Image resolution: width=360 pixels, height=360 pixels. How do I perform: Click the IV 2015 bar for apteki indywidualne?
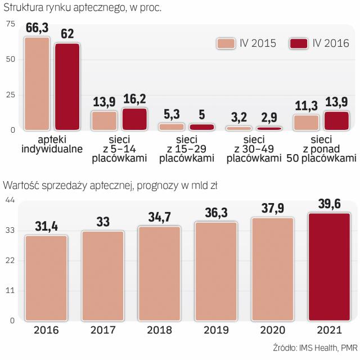(37, 84)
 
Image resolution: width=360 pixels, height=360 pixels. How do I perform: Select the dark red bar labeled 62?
(67, 87)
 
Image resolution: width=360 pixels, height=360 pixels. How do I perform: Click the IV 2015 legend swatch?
(227, 43)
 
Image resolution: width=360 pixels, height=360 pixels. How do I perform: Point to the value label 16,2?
(134, 100)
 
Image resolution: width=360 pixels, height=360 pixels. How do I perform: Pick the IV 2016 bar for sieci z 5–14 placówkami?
(134, 119)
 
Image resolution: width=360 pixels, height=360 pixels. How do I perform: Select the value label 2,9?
(269, 118)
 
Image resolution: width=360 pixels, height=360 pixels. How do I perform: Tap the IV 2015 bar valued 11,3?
(306, 123)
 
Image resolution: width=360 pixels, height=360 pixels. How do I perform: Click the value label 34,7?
(159, 216)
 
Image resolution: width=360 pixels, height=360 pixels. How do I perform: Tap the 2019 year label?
(216, 330)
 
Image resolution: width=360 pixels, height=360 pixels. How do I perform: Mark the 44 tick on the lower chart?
(10, 199)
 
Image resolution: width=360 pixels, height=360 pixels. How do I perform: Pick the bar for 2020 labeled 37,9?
(272, 269)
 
